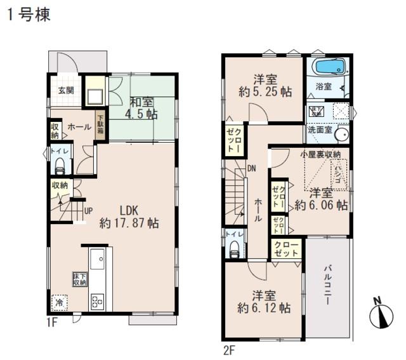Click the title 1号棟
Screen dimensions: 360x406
(29, 14)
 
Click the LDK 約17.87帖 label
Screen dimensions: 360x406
(129, 217)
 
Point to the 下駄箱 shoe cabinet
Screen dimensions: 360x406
(101, 123)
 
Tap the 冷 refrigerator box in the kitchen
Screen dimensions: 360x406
(58, 303)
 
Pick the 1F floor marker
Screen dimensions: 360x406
(52, 322)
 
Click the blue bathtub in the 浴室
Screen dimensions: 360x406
(328, 67)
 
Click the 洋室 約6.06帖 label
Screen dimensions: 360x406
(321, 199)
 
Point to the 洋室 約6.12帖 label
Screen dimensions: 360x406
(264, 302)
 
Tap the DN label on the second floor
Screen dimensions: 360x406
(251, 169)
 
